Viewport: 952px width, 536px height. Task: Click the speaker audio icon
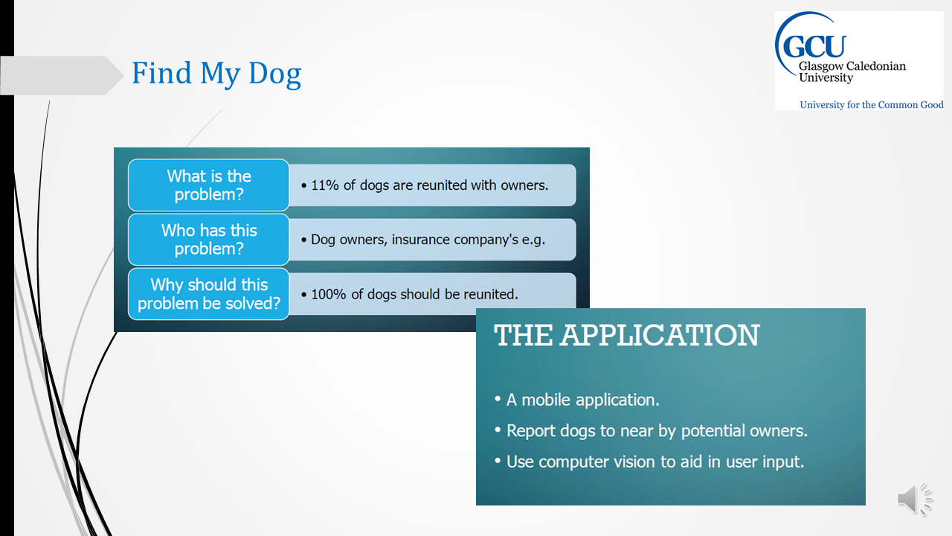915,500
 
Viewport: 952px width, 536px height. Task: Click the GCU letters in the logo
814,46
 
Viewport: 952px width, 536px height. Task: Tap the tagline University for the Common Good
871,105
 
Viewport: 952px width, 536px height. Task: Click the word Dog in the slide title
274,74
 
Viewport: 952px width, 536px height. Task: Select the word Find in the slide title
161,72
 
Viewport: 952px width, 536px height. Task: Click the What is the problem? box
209,185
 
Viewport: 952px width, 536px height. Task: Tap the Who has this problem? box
209,240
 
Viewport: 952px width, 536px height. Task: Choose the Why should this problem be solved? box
209,294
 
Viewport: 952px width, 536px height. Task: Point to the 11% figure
325,185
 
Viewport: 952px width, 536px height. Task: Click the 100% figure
329,294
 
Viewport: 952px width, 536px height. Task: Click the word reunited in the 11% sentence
441,185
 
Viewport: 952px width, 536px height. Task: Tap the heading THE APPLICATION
626,335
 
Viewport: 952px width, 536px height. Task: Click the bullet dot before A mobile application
498,399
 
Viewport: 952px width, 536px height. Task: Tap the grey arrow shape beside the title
62,75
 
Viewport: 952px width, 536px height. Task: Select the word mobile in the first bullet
547,400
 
